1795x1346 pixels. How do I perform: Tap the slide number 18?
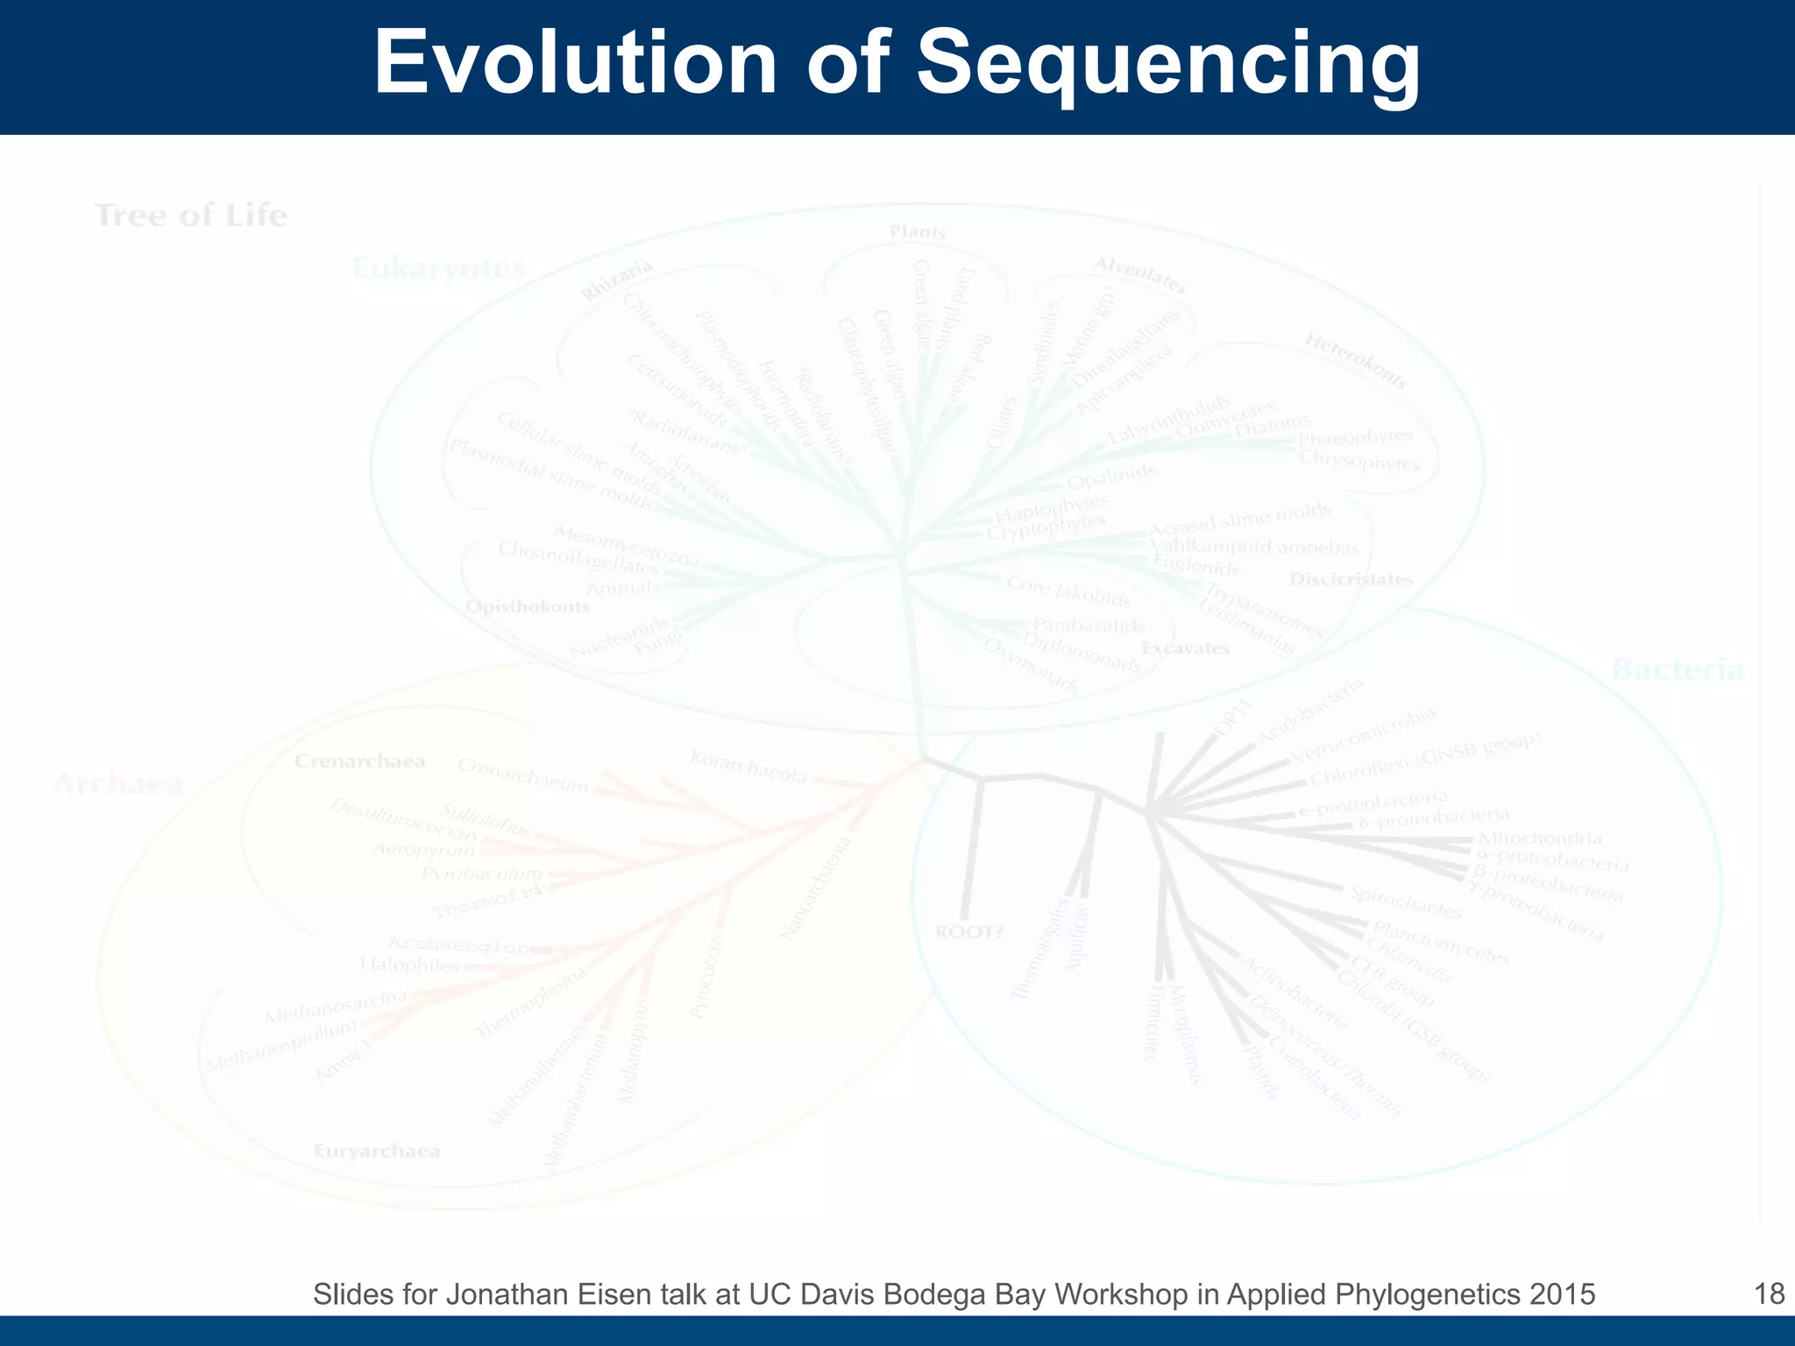tap(1770, 1293)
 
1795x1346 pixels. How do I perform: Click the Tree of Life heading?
tap(191, 216)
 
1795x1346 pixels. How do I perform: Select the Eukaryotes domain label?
tap(438, 268)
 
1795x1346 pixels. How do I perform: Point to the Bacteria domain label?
tap(1678, 671)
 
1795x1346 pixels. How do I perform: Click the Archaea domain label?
tap(118, 783)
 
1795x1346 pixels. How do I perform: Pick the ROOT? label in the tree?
tap(968, 932)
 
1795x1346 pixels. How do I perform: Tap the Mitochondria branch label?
tap(1540, 839)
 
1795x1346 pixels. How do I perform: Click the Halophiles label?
tap(409, 965)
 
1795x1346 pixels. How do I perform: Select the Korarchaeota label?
tap(748, 767)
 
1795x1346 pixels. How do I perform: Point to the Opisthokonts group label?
tap(527, 606)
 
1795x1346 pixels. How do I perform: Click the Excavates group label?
tap(1186, 648)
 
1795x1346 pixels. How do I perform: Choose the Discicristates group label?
tap(1351, 579)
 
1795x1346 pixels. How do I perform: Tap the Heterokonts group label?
tap(1356, 360)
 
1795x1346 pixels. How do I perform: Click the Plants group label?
tap(918, 232)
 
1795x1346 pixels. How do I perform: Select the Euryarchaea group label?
tap(377, 1151)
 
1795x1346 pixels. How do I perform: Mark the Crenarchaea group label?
tap(359, 761)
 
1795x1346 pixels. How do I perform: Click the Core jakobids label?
tap(1068, 592)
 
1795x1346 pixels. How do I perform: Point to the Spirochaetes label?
tap(1405, 903)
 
